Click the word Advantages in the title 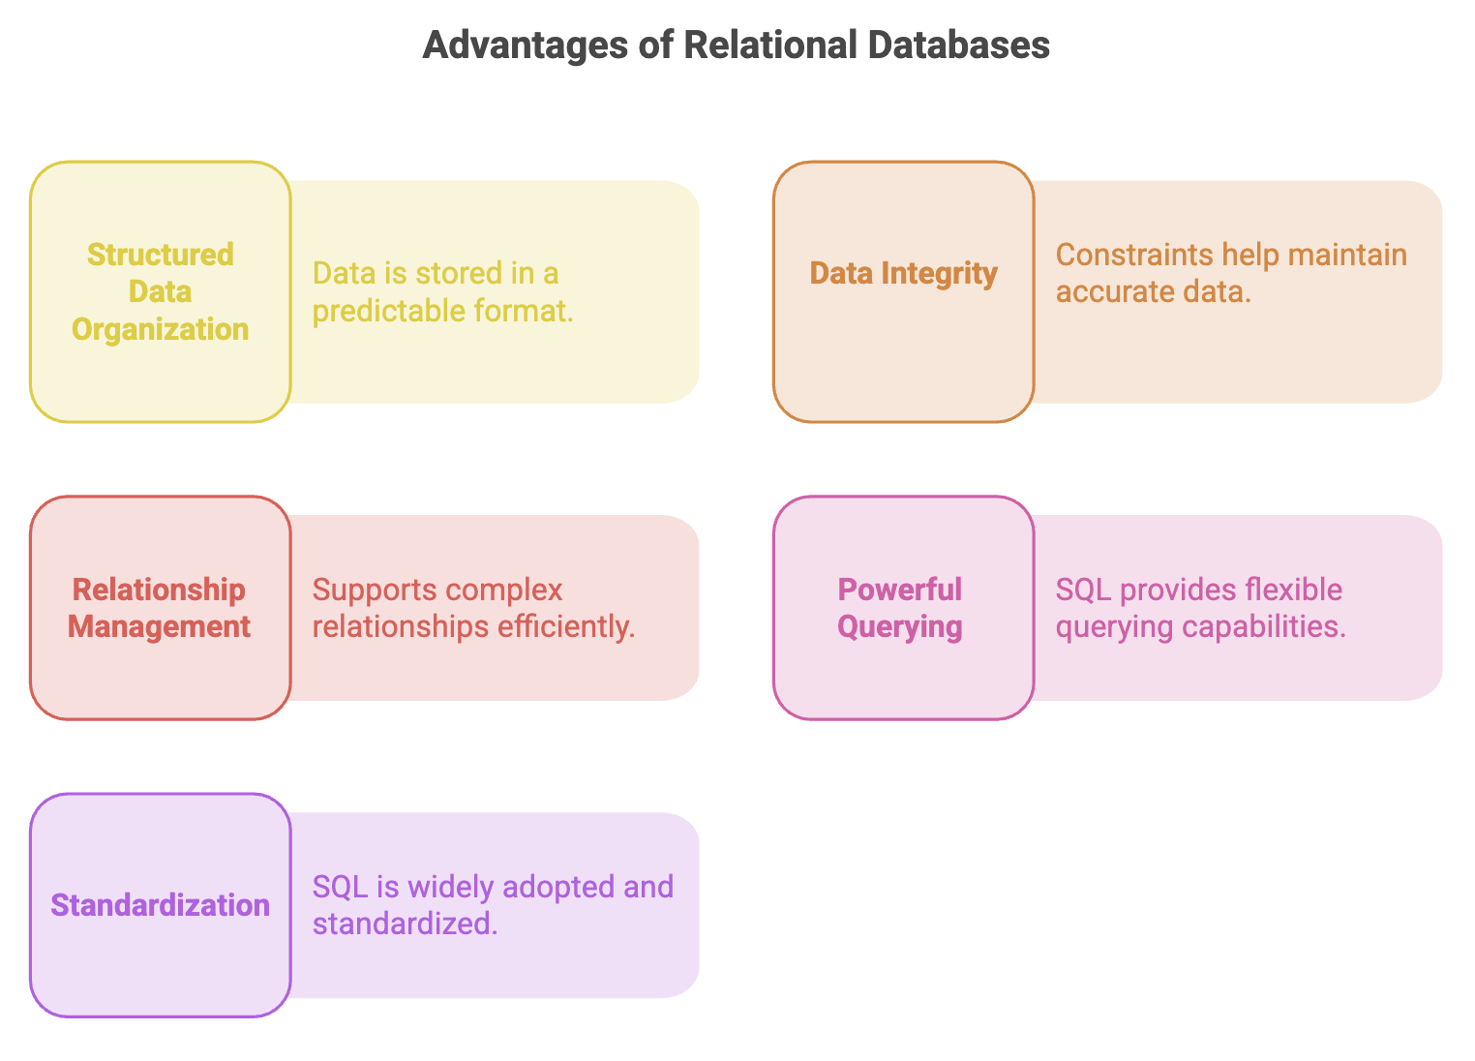tap(526, 46)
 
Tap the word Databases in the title tap(959, 45)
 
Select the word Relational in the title tap(768, 45)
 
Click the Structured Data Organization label tap(160, 291)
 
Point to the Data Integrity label tap(903, 274)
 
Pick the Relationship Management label tap(159, 608)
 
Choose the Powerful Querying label tap(900, 608)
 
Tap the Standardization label tap(160, 905)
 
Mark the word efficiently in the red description tap(566, 627)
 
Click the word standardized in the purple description tap(405, 924)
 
